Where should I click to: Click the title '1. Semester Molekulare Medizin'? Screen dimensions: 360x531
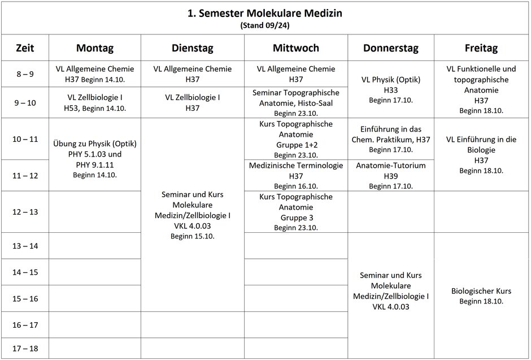(x=265, y=13)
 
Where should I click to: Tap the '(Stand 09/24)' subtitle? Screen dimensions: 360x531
(x=265, y=25)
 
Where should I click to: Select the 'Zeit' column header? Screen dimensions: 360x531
(x=25, y=48)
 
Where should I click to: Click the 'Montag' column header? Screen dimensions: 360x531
(x=95, y=48)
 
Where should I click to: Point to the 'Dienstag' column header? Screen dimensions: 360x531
(x=192, y=48)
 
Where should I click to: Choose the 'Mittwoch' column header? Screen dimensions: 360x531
(x=295, y=48)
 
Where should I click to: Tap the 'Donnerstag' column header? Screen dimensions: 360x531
(x=391, y=48)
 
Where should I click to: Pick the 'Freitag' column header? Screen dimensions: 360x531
(x=481, y=48)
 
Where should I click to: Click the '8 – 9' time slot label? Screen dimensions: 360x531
(x=25, y=73)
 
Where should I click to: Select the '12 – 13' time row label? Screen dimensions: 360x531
(x=25, y=212)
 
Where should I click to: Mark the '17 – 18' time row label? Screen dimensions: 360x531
(x=25, y=348)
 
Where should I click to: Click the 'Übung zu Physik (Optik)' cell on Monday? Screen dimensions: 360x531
(x=95, y=154)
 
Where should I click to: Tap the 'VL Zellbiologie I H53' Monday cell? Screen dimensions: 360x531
(x=95, y=102)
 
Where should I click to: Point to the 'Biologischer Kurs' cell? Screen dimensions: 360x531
(x=481, y=296)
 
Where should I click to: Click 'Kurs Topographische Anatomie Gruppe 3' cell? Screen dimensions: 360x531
(x=295, y=212)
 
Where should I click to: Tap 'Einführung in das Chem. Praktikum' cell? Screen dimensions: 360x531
(x=391, y=139)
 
